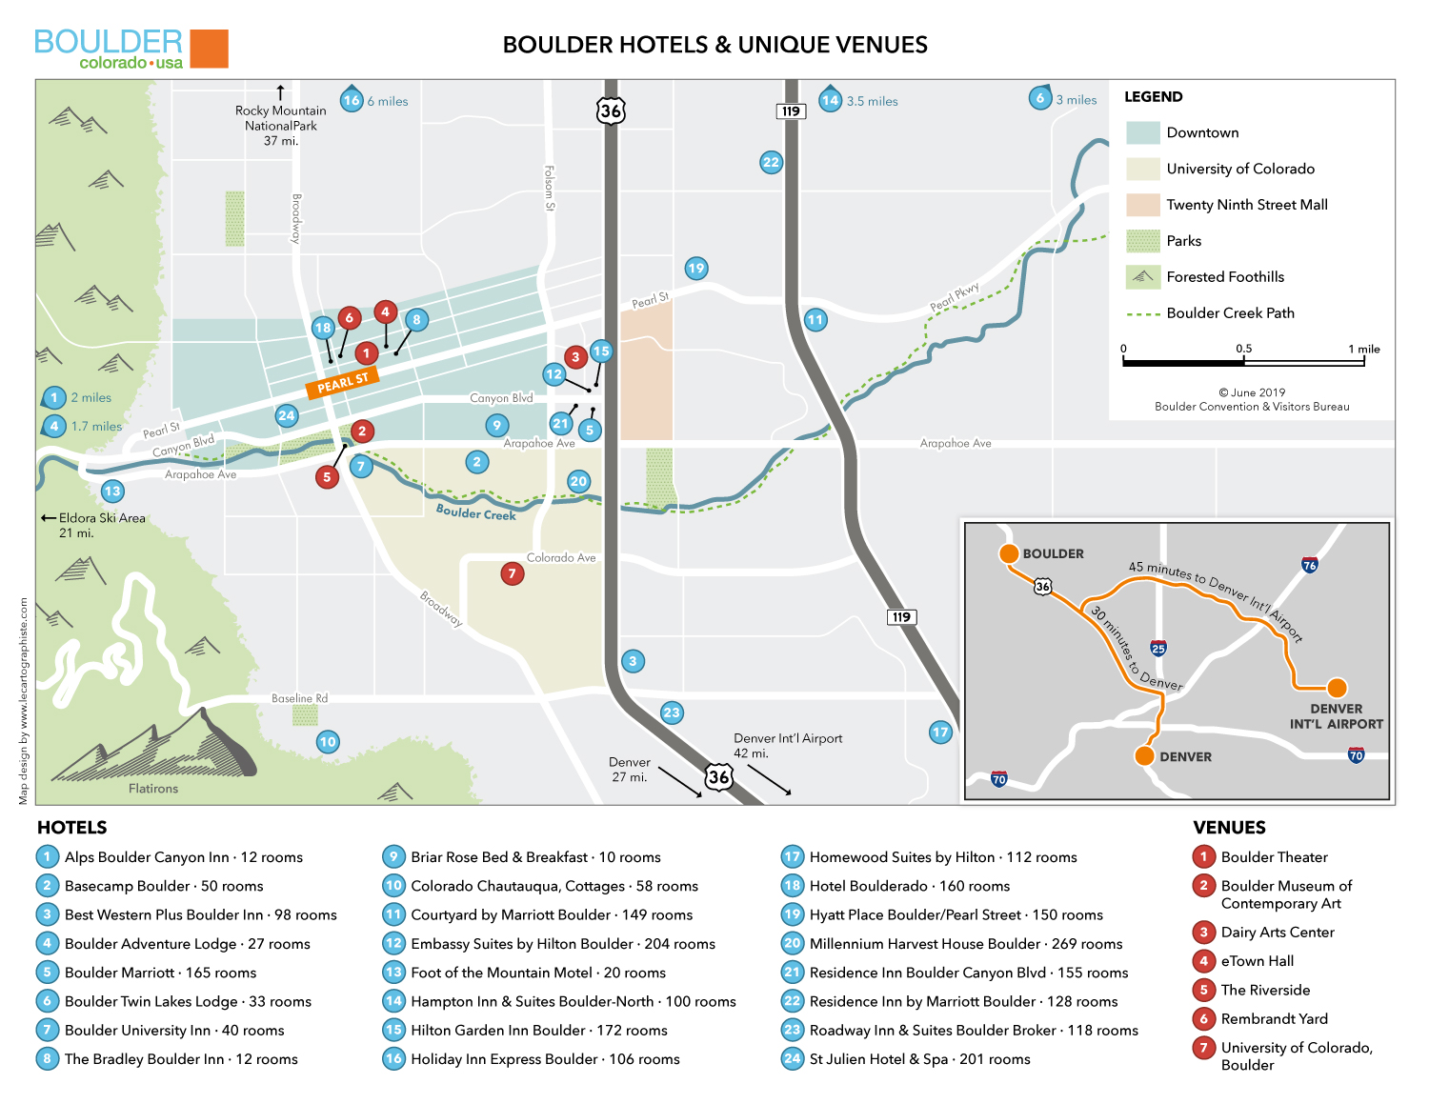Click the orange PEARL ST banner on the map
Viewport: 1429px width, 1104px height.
pyautogui.click(x=343, y=383)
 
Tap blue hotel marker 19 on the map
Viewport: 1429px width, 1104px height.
pyautogui.click(x=696, y=269)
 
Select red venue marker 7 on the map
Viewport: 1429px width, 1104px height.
pyautogui.click(x=513, y=573)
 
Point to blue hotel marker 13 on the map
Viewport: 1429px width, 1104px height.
pyautogui.click(x=112, y=492)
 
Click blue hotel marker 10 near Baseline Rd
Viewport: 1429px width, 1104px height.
pyautogui.click(x=328, y=742)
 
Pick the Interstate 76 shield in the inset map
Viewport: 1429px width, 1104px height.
pyautogui.click(x=1310, y=565)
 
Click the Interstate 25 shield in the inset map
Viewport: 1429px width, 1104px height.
pyautogui.click(x=1158, y=649)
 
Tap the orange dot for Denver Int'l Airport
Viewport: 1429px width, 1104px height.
pyautogui.click(x=1338, y=688)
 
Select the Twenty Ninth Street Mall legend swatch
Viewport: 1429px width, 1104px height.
pyautogui.click(x=1142, y=205)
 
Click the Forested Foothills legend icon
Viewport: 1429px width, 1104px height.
pyautogui.click(x=1142, y=277)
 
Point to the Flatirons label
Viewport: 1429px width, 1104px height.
pyautogui.click(x=153, y=789)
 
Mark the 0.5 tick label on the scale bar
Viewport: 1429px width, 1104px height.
pyautogui.click(x=1244, y=349)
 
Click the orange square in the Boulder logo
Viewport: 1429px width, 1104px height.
pyautogui.click(x=209, y=49)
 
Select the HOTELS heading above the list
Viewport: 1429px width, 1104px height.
pyautogui.click(x=72, y=828)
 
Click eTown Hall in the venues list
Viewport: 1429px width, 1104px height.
pyautogui.click(x=1258, y=961)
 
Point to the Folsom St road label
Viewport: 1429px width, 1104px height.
pyautogui.click(x=549, y=188)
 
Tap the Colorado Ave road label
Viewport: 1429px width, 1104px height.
pyautogui.click(x=561, y=558)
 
